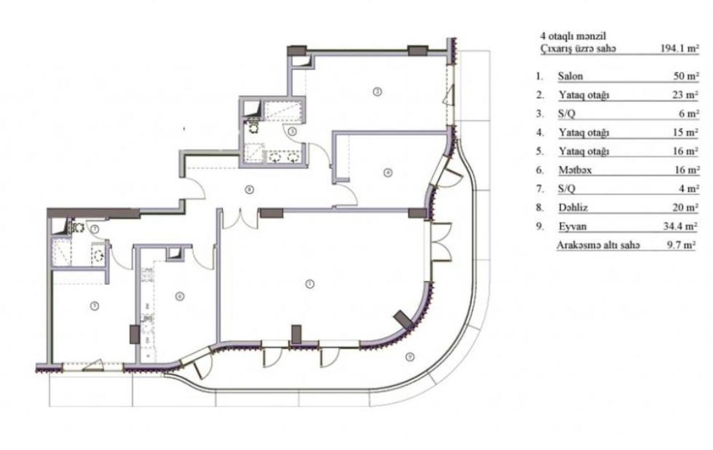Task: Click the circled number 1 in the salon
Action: (310, 283)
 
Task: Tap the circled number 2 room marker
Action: (377, 92)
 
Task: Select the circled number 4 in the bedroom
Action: (388, 172)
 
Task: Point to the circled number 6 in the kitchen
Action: (180, 296)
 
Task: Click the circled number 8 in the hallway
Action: (249, 190)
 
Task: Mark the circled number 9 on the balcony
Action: (410, 357)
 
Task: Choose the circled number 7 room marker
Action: (94, 229)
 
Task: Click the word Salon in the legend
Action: (570, 76)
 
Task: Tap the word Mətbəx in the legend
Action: (575, 170)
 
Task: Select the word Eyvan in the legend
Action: (572, 226)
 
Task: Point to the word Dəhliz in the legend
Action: (573, 208)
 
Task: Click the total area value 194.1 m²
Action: (680, 49)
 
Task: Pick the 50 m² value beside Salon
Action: (686, 76)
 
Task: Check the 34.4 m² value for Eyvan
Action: (680, 226)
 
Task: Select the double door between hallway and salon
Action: (240, 218)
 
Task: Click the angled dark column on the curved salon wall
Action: (404, 319)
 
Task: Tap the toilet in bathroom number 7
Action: (78, 228)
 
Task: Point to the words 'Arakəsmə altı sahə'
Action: (598, 245)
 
